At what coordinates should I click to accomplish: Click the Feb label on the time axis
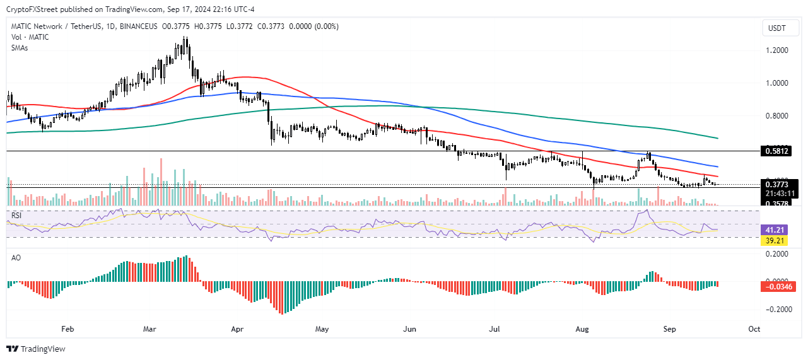tap(67, 329)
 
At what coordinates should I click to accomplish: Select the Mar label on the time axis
tap(149, 329)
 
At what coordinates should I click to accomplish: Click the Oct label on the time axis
tap(753, 329)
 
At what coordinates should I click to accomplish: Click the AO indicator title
tap(16, 258)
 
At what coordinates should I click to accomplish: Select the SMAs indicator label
tap(21, 48)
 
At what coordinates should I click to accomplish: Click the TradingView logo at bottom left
tap(36, 349)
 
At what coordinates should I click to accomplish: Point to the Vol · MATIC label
tap(30, 37)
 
